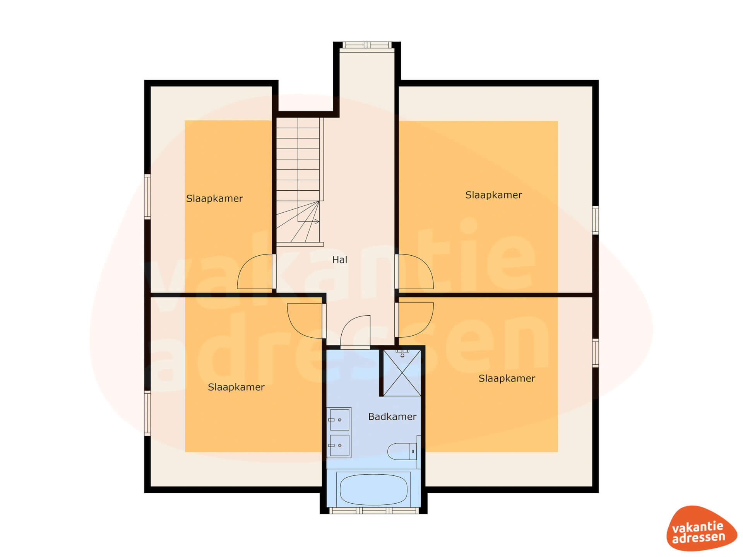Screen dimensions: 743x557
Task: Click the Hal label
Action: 339,260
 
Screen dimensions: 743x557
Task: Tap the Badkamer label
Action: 392,417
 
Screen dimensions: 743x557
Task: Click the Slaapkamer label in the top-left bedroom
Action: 214,198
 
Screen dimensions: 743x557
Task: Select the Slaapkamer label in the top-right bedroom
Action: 493,195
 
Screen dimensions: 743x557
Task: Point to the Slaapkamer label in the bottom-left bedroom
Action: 236,387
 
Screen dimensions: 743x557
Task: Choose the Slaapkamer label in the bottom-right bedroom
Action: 507,378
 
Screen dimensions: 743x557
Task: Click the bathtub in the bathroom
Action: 373,489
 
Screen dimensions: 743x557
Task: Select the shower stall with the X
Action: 402,372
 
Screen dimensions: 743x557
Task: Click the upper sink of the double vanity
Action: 339,419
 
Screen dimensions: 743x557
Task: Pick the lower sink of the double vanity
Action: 339,445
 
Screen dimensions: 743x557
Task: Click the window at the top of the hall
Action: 367,45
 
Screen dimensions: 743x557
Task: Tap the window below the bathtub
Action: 374,511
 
